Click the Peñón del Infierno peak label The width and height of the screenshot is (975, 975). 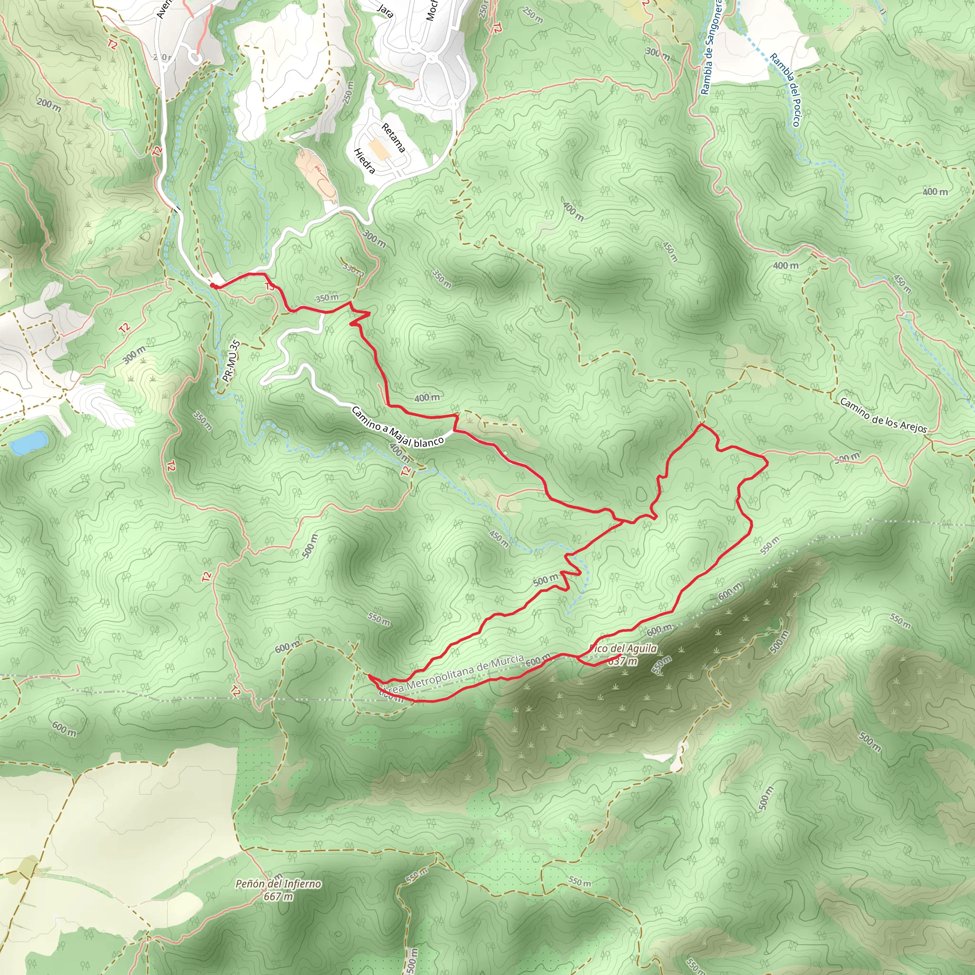[x=278, y=884]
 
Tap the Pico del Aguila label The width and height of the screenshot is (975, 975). [x=624, y=648]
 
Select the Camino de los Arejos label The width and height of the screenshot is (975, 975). [x=883, y=415]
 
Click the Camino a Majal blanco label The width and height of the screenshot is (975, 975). [x=397, y=428]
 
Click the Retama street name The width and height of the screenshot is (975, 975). [x=393, y=138]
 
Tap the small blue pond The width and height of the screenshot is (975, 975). [x=29, y=442]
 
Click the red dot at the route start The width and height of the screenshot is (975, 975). [x=213, y=286]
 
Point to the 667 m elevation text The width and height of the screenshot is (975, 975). [x=278, y=896]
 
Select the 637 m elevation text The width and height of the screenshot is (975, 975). [x=623, y=661]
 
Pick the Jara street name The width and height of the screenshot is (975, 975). [x=386, y=10]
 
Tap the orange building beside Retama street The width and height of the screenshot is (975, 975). [x=379, y=149]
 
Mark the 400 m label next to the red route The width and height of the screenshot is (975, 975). [x=427, y=398]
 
